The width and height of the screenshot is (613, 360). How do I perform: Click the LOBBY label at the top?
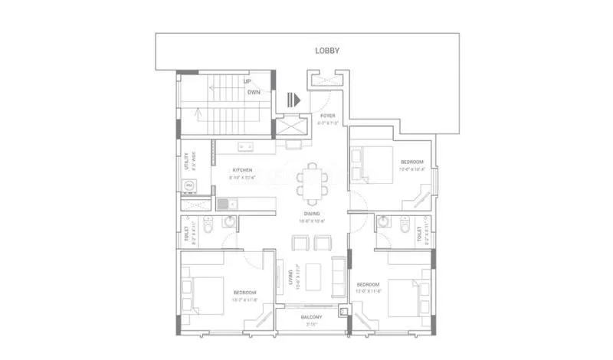point(327,51)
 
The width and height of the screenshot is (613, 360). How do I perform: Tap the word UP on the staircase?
point(247,80)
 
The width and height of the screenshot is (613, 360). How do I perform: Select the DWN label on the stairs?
point(254,92)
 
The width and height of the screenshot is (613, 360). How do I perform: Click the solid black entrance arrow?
point(293,100)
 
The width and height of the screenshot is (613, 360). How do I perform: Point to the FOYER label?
point(327,116)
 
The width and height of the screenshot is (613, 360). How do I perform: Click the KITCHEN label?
point(243,170)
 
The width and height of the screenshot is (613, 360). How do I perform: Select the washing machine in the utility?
point(188,185)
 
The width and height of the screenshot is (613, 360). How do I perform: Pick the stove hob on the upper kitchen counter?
point(245,146)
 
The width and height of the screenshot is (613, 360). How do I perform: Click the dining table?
point(311,181)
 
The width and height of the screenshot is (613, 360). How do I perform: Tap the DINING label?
point(311,214)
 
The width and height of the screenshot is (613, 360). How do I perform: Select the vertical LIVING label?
point(289,276)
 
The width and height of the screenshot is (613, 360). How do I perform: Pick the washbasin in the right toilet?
point(383,223)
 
